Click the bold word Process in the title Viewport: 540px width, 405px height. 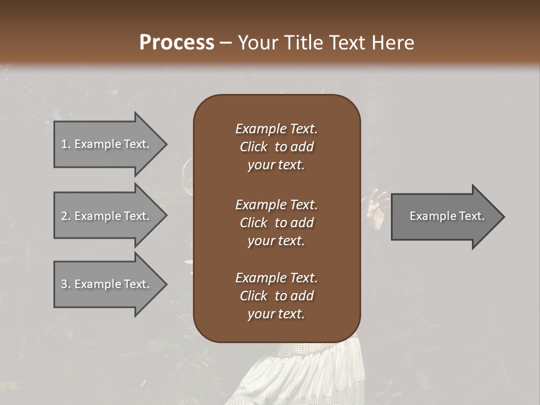click(177, 43)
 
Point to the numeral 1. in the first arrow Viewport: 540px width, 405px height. click(65, 144)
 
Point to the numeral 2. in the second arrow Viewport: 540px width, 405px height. click(65, 216)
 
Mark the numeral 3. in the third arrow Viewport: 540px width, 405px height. click(65, 284)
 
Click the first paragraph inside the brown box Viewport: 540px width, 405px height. click(276, 147)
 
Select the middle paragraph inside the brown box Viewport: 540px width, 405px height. click(276, 223)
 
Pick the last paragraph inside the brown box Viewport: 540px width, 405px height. click(276, 296)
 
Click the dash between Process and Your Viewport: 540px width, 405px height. click(225, 43)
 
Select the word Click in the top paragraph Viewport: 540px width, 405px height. click(254, 147)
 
